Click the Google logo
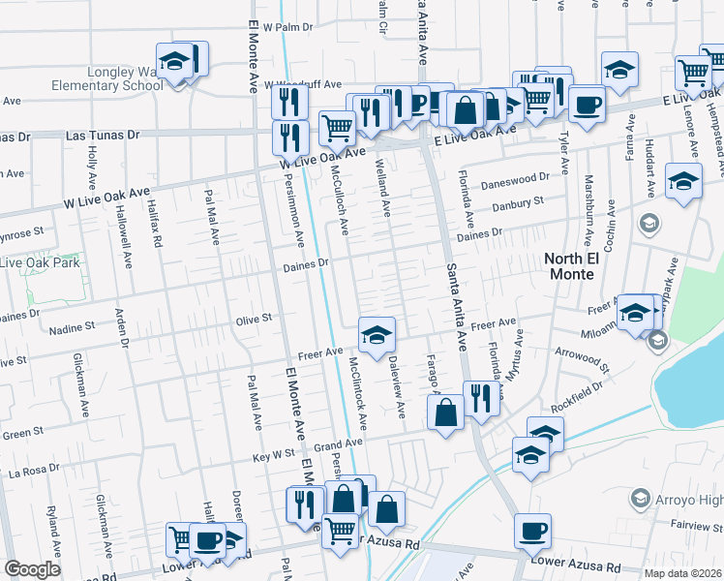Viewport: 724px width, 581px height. (32, 569)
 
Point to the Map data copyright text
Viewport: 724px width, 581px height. (680, 573)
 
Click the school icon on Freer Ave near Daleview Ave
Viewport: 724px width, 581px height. (377, 336)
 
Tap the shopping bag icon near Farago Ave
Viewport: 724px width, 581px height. (444, 413)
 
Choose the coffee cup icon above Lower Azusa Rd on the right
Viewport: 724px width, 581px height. (533, 532)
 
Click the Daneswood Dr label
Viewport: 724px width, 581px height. (521, 178)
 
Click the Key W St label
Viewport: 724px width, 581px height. (273, 453)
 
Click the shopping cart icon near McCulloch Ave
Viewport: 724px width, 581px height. (336, 126)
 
